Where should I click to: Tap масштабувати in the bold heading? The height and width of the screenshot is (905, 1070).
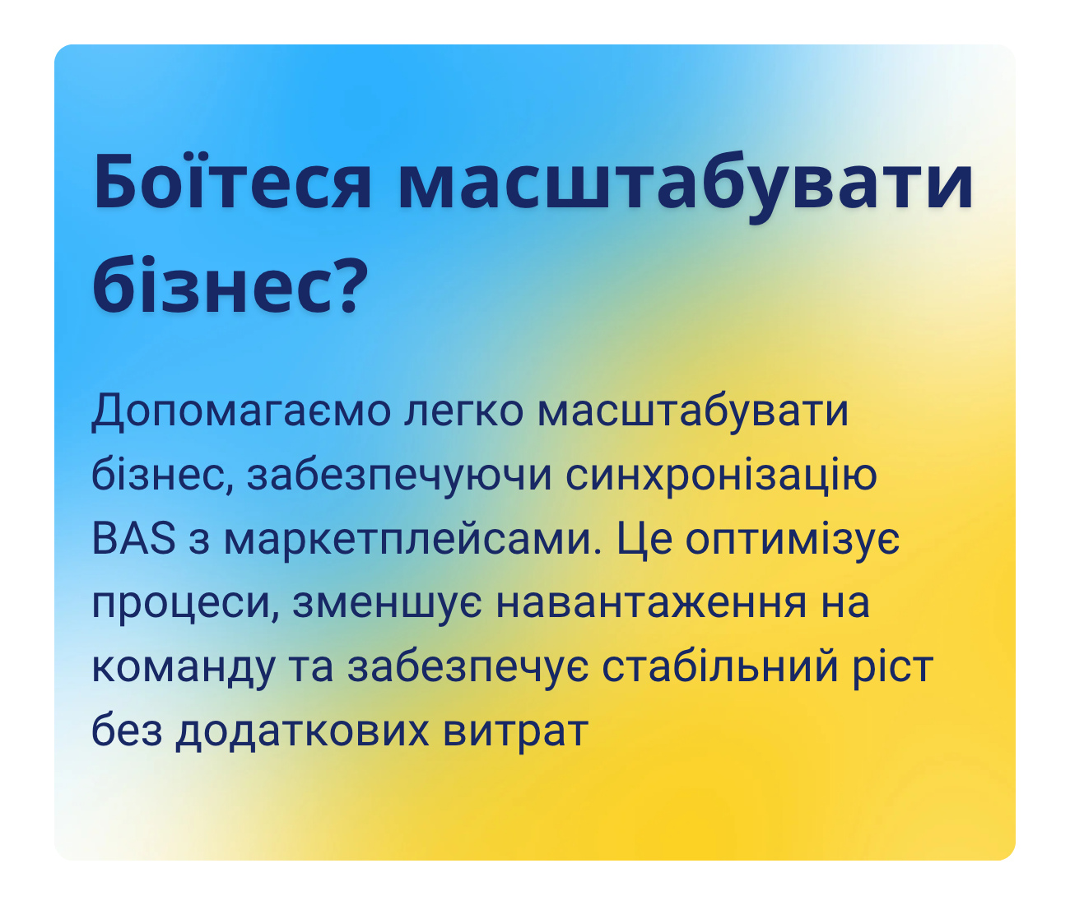pyautogui.click(x=685, y=182)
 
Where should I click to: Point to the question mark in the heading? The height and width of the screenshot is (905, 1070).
pyautogui.click(x=340, y=284)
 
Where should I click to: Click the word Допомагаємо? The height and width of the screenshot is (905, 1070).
pyautogui.click(x=240, y=411)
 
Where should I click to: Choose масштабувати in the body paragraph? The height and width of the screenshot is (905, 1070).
pyautogui.click(x=692, y=411)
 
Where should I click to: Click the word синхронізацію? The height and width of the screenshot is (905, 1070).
pyautogui.click(x=722, y=476)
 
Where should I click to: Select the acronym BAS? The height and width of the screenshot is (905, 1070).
pyautogui.click(x=134, y=540)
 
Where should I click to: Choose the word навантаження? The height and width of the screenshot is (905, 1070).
pyautogui.click(x=651, y=604)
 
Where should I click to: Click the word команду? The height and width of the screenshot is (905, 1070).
pyautogui.click(x=183, y=667)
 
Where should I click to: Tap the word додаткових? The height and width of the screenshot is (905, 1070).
pyautogui.click(x=301, y=731)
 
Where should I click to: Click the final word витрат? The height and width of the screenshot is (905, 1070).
pyautogui.click(x=515, y=731)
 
